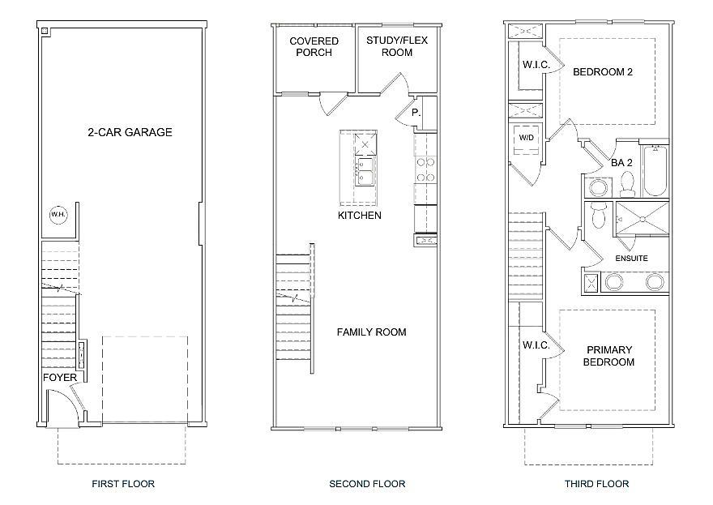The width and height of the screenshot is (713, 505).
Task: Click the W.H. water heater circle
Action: [58, 215]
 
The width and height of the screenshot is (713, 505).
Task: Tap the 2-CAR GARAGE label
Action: [130, 132]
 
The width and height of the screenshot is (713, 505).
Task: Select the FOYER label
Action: [60, 378]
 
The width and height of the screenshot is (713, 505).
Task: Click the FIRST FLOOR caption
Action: [123, 484]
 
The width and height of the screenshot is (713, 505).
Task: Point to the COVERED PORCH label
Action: [314, 47]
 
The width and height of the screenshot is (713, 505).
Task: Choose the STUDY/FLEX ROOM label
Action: [397, 46]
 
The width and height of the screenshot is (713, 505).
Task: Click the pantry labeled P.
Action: [416, 113]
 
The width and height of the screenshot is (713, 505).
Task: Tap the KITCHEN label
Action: [359, 215]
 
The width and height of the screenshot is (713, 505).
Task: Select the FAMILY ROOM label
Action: [372, 332]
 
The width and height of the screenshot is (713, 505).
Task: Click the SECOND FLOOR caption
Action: [367, 484]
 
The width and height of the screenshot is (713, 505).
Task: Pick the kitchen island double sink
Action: [365, 171]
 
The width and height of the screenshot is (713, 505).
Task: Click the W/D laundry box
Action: [526, 138]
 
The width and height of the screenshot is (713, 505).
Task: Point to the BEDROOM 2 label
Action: [603, 72]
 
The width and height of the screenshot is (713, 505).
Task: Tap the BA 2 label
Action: [621, 163]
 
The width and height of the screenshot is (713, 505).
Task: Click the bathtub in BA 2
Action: [655, 170]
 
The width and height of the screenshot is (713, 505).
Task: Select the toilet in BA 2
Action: [627, 183]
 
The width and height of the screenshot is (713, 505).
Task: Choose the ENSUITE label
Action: [632, 259]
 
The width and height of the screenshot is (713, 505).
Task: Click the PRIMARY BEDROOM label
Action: [608, 356]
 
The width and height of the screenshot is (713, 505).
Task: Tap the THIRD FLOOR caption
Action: [596, 484]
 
